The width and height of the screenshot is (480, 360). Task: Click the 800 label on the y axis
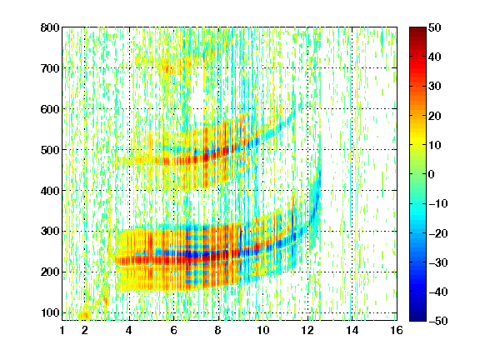50,27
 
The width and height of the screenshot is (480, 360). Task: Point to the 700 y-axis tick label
50,68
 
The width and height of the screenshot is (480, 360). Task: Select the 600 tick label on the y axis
50,109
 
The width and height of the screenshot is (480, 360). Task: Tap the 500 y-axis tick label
50,150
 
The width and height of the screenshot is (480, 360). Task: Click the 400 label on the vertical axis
50,191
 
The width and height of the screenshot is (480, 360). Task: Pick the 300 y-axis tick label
50,231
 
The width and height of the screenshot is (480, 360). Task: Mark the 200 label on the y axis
50,272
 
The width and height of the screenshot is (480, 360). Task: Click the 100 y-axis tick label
50,312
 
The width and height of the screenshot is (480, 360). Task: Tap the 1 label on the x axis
62,330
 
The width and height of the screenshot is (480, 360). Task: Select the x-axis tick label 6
173,330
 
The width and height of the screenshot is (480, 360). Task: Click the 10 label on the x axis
262,330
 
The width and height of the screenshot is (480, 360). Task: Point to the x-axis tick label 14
352,330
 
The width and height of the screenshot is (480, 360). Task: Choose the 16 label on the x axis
397,330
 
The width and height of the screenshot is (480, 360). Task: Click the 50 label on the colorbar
434,27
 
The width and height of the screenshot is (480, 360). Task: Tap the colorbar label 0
432,174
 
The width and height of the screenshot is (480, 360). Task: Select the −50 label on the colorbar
438,321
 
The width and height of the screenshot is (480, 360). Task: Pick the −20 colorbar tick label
438,233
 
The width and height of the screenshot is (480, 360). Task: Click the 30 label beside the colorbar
434,87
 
